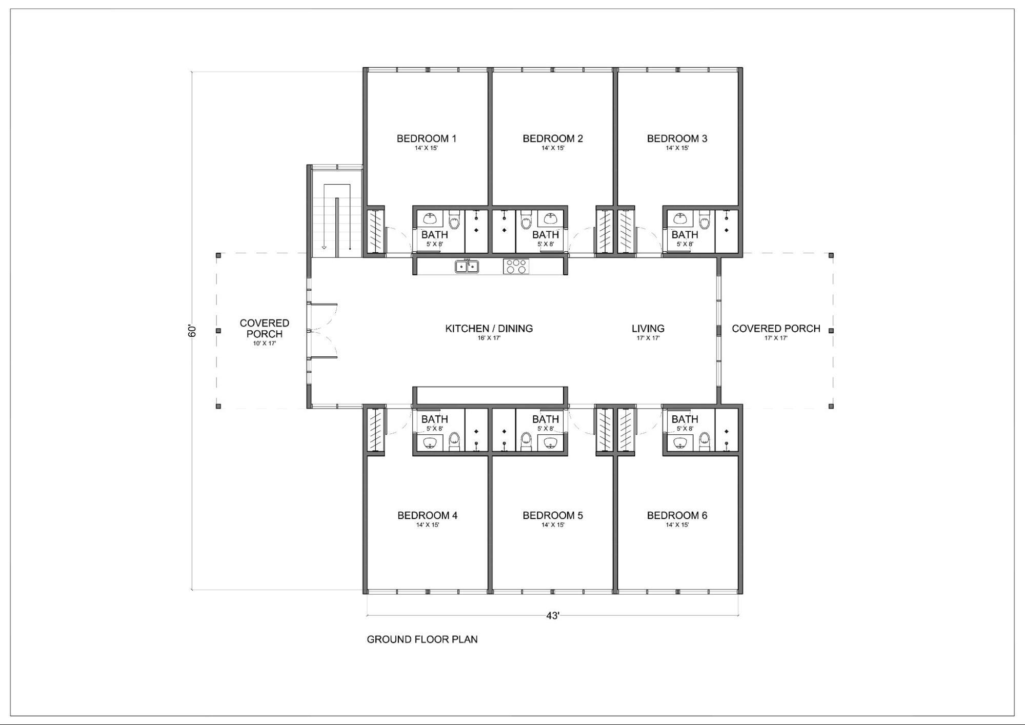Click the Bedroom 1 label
tap(426, 138)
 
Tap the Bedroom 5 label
tap(553, 515)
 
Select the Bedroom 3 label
tap(677, 138)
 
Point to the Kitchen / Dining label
tap(489, 329)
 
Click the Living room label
tap(648, 329)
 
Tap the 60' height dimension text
tap(192, 331)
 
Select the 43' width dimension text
tap(553, 615)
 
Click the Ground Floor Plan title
tap(422, 639)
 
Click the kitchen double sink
tap(467, 267)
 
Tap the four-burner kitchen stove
tap(516, 267)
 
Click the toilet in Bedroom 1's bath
tap(454, 220)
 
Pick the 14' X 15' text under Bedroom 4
tap(427, 525)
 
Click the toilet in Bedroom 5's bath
tap(526, 440)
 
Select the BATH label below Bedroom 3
tap(685, 235)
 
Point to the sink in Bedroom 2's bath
tap(551, 219)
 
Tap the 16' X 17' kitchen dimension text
tap(489, 338)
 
